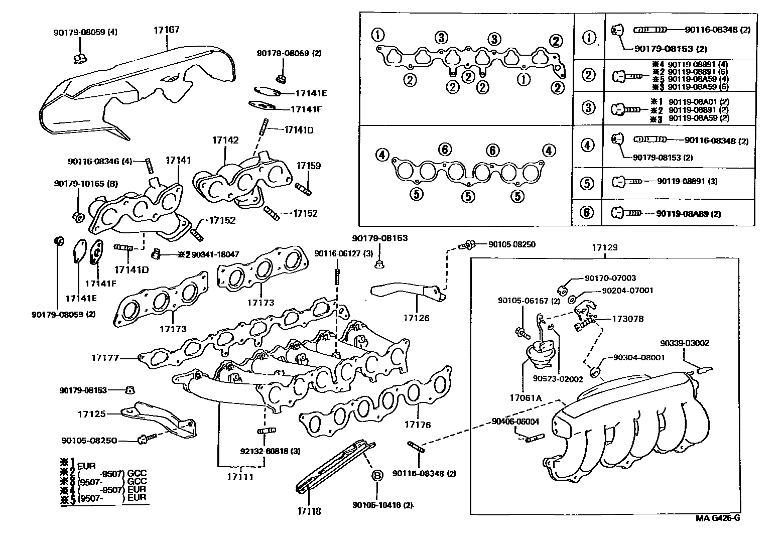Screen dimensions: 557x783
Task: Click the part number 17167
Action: (166, 30)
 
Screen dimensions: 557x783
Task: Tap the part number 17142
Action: (225, 141)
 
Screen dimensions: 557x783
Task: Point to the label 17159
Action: (308, 166)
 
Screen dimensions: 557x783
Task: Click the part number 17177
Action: (105, 358)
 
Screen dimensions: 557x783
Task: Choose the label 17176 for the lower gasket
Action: (418, 425)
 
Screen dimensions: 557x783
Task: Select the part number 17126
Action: (417, 318)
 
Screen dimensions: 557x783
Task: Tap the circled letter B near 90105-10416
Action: (376, 476)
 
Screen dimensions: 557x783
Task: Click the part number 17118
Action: (308, 511)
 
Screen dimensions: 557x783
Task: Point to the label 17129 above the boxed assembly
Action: (604, 247)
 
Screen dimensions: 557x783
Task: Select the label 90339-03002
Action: (685, 343)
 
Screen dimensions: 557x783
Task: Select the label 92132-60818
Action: (267, 451)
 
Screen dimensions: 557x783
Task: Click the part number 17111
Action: (239, 477)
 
